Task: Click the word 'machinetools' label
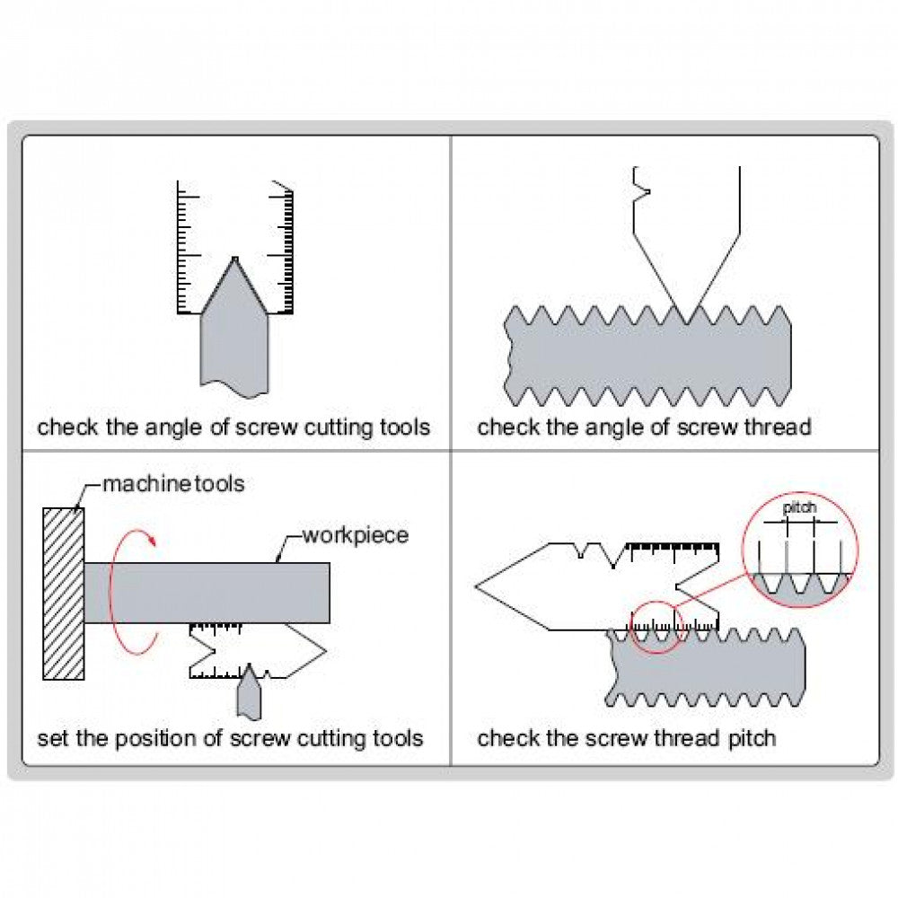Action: [172, 484]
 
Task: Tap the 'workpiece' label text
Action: [355, 536]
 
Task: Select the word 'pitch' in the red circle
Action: [799, 508]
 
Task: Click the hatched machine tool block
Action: [64, 594]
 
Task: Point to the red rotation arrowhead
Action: [154, 540]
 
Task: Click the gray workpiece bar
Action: [207, 593]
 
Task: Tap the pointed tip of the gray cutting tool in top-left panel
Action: [234, 260]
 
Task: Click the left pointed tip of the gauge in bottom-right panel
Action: [477, 586]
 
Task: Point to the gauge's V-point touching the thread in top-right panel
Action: [688, 321]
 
